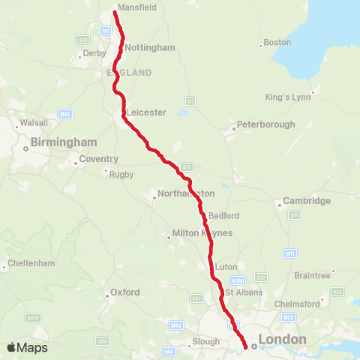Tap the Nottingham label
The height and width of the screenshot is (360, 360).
pos(150,47)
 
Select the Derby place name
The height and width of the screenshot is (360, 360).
pos(94,53)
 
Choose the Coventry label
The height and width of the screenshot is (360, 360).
pos(100,159)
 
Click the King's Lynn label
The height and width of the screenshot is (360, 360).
pos(286,97)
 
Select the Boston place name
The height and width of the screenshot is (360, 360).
pos(277,43)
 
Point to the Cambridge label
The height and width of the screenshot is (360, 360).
pos(306,201)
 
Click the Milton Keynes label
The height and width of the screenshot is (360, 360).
pos(202,233)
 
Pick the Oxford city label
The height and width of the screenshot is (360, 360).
pos(125,292)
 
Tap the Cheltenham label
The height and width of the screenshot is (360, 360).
pos(31,265)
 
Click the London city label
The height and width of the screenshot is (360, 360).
pos(282,340)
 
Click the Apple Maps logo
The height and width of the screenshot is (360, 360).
pos(27,347)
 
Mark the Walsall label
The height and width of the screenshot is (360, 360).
pos(34,122)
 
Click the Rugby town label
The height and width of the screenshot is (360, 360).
pos(121,175)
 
